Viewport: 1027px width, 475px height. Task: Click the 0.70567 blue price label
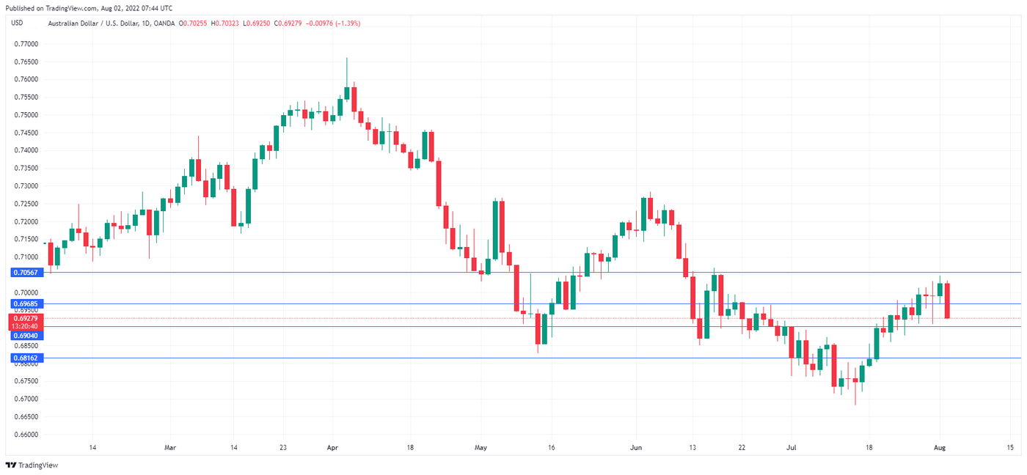tap(25, 272)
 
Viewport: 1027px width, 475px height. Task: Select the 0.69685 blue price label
tap(25, 303)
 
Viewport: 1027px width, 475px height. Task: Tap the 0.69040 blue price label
tap(25, 335)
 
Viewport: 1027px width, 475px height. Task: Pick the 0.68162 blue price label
tap(25, 358)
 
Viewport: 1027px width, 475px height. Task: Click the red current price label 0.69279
tap(25, 318)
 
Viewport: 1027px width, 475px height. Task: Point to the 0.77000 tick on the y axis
tap(26, 44)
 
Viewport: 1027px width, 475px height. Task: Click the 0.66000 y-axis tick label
tap(26, 435)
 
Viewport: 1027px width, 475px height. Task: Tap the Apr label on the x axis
tap(332, 447)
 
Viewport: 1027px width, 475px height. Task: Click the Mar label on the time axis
tap(170, 447)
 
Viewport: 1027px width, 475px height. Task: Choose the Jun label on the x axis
tap(636, 447)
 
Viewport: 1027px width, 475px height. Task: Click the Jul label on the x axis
tap(791, 447)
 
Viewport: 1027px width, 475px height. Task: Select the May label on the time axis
tap(480, 447)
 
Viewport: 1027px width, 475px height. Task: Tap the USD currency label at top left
tap(18, 23)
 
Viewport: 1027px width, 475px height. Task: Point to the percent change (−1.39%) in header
tap(345, 23)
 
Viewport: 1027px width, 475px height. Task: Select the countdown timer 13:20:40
tap(25, 326)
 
